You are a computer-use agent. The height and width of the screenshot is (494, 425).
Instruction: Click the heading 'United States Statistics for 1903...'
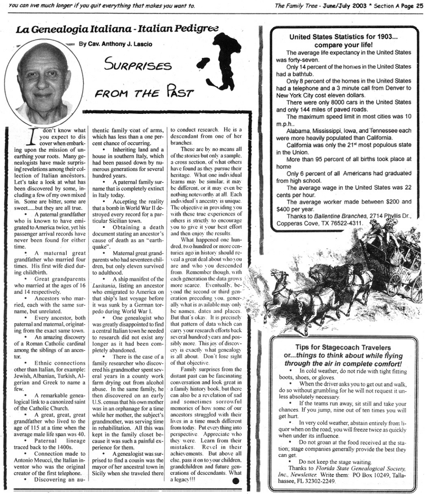click(343, 37)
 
